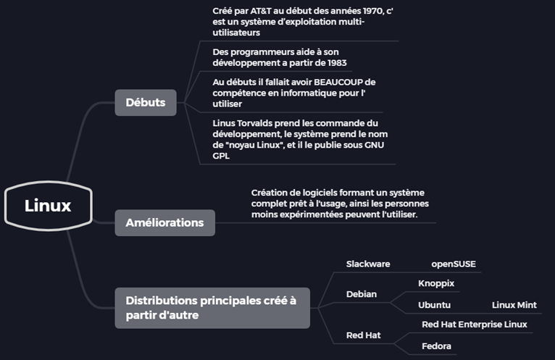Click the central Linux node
point(48,206)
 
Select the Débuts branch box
point(146,102)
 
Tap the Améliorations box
point(164,222)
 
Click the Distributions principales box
point(212,308)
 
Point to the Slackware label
point(368,264)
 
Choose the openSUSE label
point(454,264)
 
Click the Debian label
point(362,295)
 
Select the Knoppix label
point(436,282)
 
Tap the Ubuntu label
point(435,305)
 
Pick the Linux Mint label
point(514,305)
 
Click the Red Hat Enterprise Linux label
point(475,325)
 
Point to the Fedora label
point(437,346)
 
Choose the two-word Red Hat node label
point(364,335)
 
